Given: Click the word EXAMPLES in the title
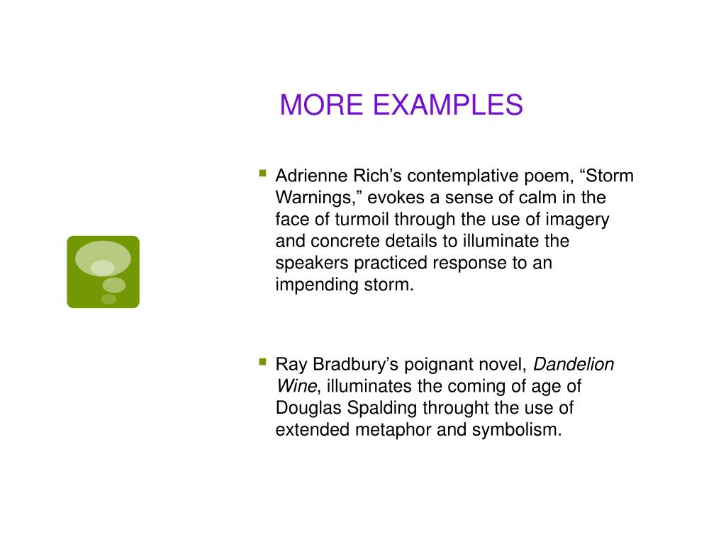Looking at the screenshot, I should point(447,105).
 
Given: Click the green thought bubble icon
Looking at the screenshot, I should point(103,272).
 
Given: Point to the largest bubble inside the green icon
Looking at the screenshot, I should point(103,258).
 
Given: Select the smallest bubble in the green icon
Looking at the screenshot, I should point(108,299).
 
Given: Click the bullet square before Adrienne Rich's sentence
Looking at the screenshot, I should point(262,172).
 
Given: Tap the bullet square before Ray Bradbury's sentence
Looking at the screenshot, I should point(262,362).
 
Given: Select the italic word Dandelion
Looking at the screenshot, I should point(574,365).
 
